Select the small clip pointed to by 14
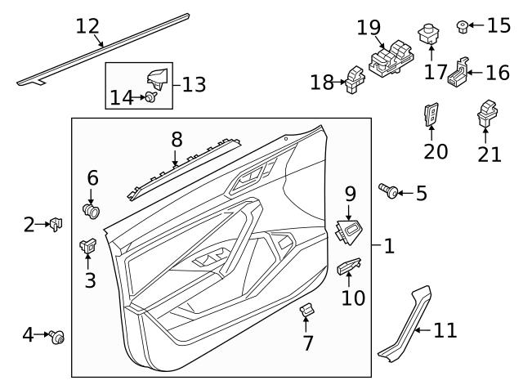coord(153,97)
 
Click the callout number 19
coord(369,28)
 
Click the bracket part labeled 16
coord(458,74)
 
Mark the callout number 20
coord(436,151)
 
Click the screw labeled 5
coord(390,192)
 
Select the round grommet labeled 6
coord(92,211)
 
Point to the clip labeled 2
coord(55,223)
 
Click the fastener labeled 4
coord(58,335)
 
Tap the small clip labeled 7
coord(308,311)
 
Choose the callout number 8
coord(177,140)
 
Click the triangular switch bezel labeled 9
coord(350,233)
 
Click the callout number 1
coord(389,245)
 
